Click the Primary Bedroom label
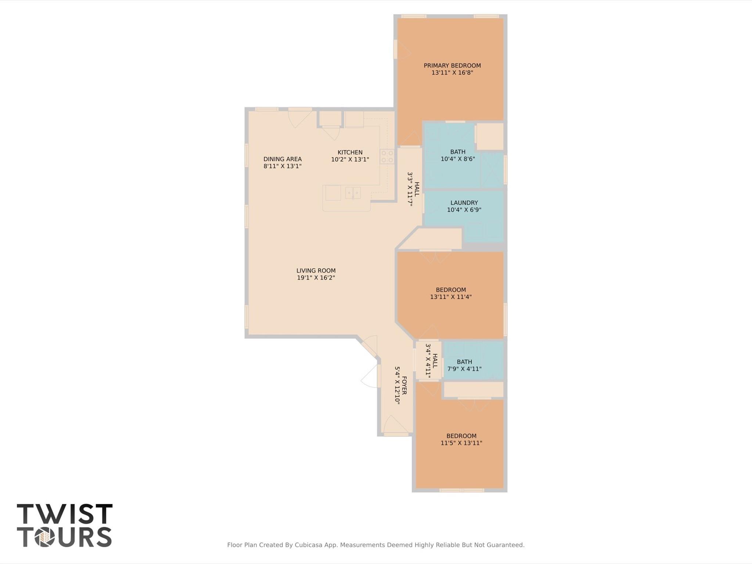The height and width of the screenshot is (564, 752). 452,65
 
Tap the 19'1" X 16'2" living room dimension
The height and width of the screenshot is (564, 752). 316,278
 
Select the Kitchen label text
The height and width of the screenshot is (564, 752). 350,152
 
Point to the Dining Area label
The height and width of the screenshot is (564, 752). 282,159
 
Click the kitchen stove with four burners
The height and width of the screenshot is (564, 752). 387,156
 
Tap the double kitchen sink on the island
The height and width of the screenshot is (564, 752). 353,193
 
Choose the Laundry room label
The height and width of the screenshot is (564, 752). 464,202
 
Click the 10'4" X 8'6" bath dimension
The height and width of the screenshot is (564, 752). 458,159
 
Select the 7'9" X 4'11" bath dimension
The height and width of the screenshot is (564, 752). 464,369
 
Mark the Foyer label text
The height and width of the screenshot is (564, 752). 404,385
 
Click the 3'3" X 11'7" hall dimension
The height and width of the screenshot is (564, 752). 410,189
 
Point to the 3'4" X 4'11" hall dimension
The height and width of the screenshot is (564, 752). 428,360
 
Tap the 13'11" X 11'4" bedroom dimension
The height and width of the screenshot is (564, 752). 451,297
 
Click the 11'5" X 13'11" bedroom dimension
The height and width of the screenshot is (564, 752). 461,443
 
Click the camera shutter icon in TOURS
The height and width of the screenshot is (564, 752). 45,538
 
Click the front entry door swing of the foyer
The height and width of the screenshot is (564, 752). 395,425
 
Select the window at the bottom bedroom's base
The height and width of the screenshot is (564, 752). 462,490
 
